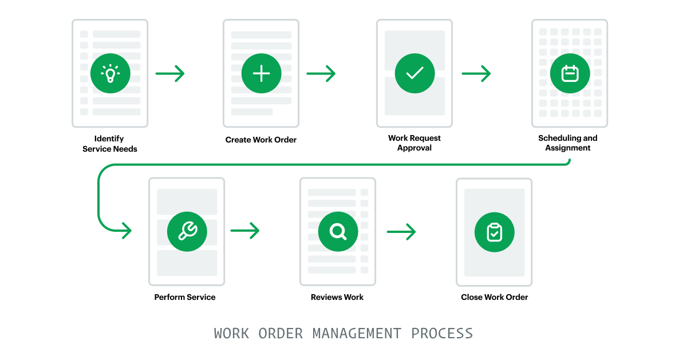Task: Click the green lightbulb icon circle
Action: coord(110,73)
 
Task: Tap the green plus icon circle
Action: coord(261,73)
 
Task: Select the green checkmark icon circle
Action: coord(414,73)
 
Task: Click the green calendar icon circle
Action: coord(570,73)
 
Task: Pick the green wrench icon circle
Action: coord(187,232)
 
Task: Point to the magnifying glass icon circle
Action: coord(338,232)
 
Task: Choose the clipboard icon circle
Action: coord(495,232)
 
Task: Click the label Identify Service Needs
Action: coord(110,144)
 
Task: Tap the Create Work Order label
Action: coord(261,140)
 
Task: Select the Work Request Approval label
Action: coord(414,143)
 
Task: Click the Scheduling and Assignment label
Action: coord(568,143)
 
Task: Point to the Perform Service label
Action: coord(185,297)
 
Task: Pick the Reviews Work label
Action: coord(337,297)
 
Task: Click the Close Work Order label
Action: coord(495,297)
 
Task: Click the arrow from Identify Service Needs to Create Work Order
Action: coord(170,74)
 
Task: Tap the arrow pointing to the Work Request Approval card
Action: coord(321,74)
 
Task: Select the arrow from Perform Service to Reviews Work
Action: coord(245,231)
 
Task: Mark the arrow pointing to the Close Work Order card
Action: coord(401,232)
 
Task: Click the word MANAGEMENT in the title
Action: coord(357,334)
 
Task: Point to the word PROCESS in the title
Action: coord(442,334)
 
